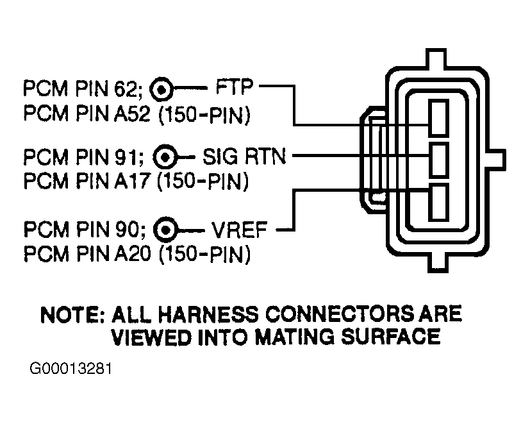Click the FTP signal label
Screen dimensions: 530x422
(235, 87)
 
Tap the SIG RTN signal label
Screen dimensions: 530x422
(244, 156)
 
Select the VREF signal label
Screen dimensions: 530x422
(239, 230)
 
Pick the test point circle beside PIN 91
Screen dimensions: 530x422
(165, 157)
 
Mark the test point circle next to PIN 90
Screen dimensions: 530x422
(165, 230)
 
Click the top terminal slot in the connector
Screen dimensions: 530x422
(439, 117)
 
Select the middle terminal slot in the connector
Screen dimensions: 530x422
(439, 160)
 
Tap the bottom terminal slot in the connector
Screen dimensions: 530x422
(439, 202)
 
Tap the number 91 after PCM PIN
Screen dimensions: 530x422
(125, 156)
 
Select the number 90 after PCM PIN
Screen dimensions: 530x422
(125, 229)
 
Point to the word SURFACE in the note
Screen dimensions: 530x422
(391, 337)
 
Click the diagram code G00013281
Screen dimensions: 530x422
(70, 369)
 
